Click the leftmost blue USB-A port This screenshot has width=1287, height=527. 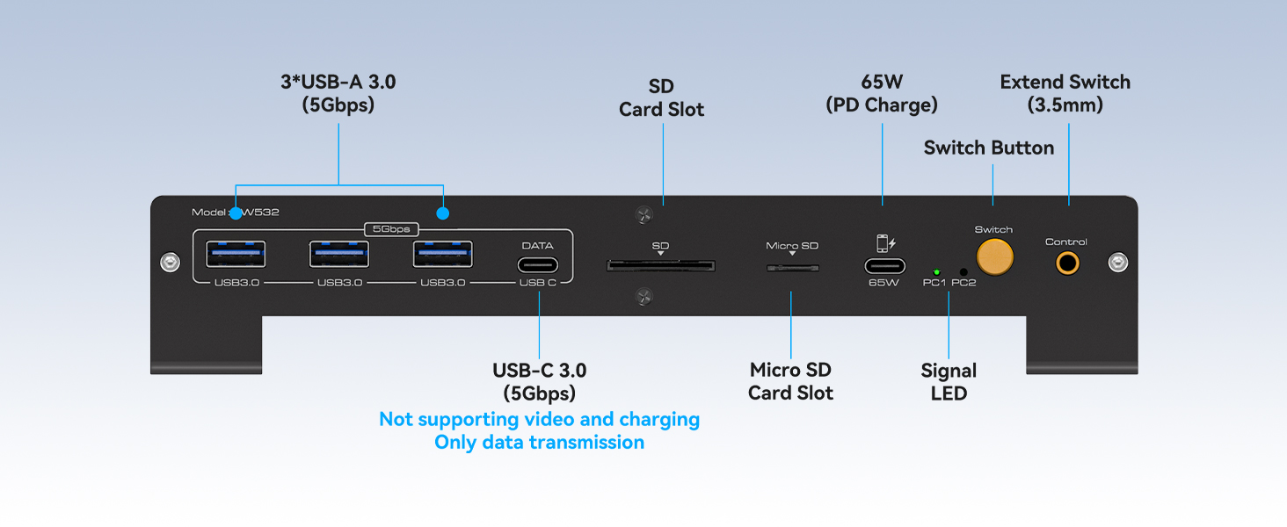pos(235,254)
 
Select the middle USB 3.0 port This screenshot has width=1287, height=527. pos(338,254)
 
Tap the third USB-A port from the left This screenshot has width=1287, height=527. pos(442,254)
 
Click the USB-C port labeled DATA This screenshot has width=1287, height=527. pos(537,265)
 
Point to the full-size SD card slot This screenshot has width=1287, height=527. pos(660,265)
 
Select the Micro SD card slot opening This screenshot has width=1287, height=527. pos(791,265)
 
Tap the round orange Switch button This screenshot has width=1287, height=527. pos(993,256)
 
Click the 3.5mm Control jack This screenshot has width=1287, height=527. pos(1067,263)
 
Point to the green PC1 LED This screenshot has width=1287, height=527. pos(937,272)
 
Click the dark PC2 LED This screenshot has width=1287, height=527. pos(963,272)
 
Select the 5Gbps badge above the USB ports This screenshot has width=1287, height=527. pos(391,229)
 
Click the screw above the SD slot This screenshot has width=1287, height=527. pos(643,215)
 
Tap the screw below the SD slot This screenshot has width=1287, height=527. pos(643,299)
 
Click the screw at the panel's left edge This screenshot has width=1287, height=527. pos(168,262)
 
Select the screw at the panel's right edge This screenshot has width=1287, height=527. pos(1117,262)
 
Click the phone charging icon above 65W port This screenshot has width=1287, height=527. pos(882,242)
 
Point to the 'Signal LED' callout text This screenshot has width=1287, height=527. pos(949,382)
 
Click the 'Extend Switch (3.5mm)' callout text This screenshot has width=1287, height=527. pos(1065,93)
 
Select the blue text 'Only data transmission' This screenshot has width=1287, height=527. pos(539,442)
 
